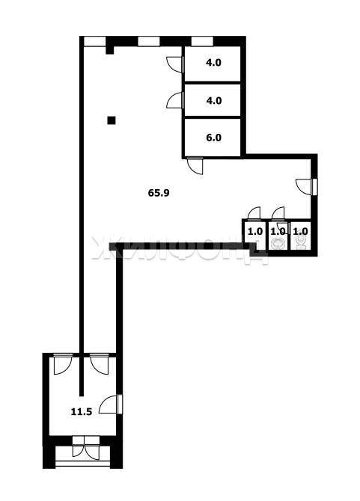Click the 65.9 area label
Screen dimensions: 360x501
[159, 193]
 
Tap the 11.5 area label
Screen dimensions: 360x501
[82, 411]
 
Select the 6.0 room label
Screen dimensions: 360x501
[213, 138]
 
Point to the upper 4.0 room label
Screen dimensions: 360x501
[213, 62]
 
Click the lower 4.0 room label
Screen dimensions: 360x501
[213, 101]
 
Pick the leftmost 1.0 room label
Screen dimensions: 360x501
[255, 231]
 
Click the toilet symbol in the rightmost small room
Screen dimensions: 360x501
[301, 242]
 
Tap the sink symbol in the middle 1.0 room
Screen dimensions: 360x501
[277, 244]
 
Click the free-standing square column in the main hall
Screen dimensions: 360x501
[112, 120]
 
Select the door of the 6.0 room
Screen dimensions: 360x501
[195, 165]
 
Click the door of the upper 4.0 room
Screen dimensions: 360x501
[176, 64]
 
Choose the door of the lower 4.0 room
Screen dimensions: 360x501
[176, 100]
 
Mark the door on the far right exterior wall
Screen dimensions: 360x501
[307, 187]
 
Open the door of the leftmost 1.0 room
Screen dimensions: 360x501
[254, 214]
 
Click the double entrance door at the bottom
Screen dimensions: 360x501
[86, 448]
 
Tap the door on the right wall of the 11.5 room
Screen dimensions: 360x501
[111, 405]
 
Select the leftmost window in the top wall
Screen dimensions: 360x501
[94, 42]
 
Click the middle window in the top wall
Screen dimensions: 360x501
[149, 42]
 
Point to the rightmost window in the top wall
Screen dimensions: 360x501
[202, 42]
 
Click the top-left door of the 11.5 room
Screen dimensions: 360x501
[61, 364]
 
